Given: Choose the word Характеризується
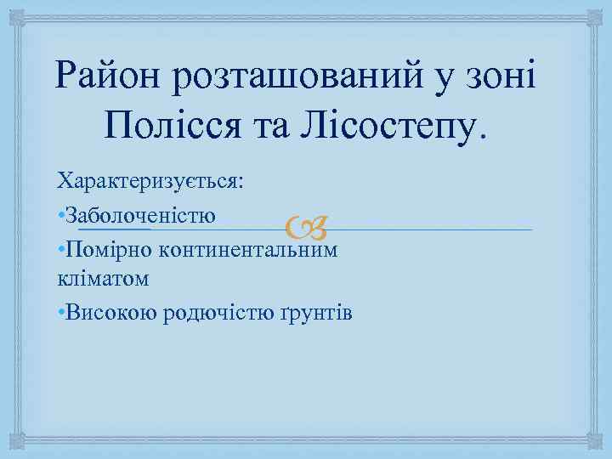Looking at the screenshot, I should (x=150, y=181).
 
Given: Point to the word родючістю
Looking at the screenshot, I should (x=211, y=314).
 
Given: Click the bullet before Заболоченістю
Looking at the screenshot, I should (x=60, y=214).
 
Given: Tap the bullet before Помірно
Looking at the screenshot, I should (x=60, y=251).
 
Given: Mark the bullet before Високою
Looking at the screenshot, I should (x=60, y=314).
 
